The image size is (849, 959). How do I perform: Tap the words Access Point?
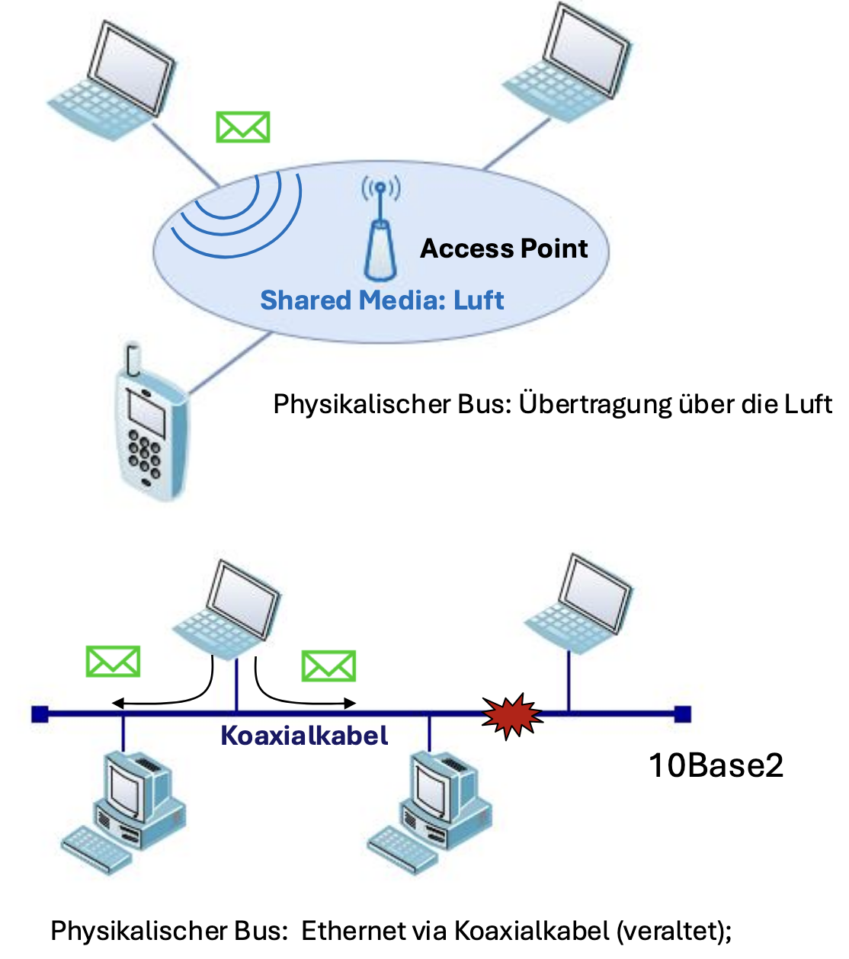(x=504, y=249)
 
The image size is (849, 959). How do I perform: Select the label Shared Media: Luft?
(x=382, y=300)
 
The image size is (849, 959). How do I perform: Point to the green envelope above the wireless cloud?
(x=242, y=127)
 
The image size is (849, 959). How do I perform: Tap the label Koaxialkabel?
(x=304, y=736)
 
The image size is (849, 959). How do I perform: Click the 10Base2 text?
(x=716, y=765)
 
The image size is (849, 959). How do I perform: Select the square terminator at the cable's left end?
(x=40, y=714)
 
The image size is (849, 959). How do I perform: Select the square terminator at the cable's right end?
(x=683, y=714)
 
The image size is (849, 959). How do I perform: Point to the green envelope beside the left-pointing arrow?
(x=113, y=662)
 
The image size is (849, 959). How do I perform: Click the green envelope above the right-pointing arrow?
(x=328, y=666)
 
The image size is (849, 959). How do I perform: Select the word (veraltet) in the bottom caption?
(x=673, y=931)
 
